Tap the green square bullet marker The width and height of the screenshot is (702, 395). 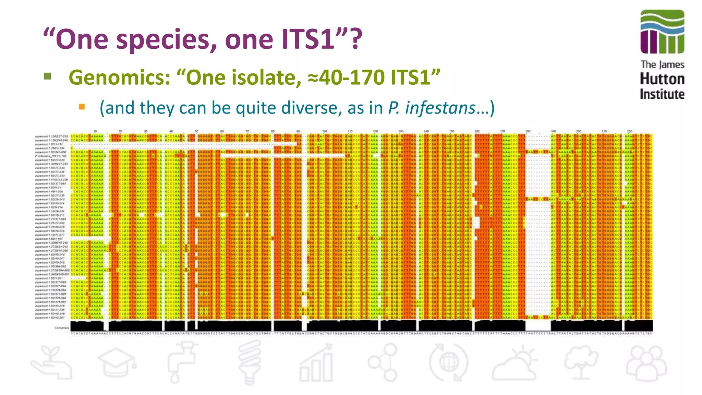(x=48, y=76)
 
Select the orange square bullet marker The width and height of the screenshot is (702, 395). (x=82, y=107)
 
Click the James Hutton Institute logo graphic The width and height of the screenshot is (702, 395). (x=662, y=32)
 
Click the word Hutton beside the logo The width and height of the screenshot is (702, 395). (x=662, y=79)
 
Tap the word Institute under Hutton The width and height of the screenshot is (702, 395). (x=662, y=94)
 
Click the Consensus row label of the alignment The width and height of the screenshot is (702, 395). (x=62, y=328)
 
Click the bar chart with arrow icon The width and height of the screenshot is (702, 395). (x=316, y=363)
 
